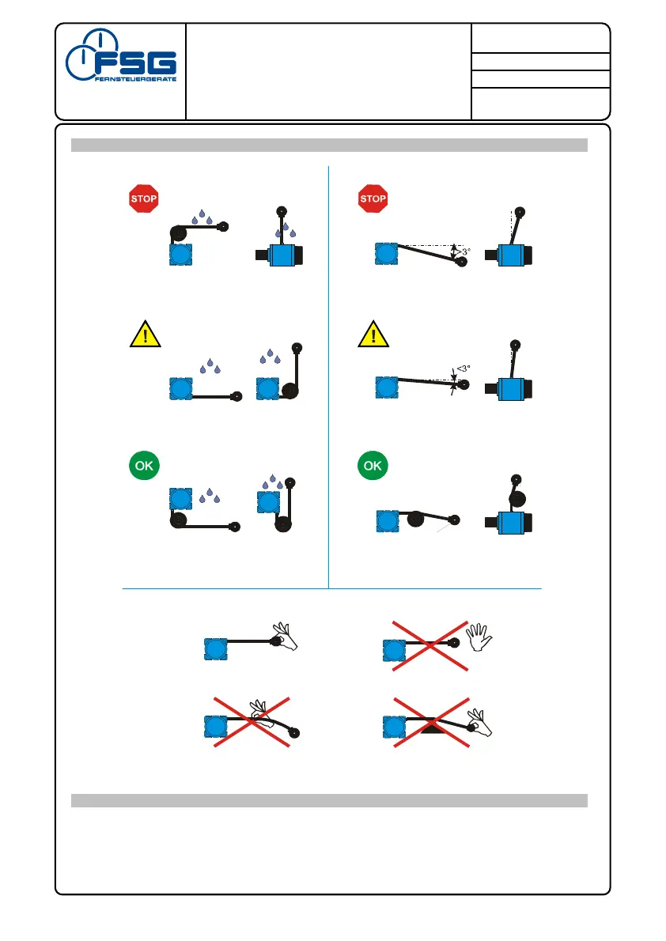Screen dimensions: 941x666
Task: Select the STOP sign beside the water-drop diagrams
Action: pyautogui.click(x=144, y=198)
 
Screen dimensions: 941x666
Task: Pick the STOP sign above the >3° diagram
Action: pyautogui.click(x=373, y=198)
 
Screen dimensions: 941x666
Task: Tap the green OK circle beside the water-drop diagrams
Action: pyautogui.click(x=144, y=466)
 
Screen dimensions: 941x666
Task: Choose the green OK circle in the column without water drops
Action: pyautogui.click(x=373, y=466)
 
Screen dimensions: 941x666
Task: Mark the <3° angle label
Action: pyautogui.click(x=464, y=368)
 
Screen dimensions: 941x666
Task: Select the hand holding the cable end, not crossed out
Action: pyautogui.click(x=283, y=639)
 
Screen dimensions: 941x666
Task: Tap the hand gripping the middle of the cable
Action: pyautogui.click(x=261, y=712)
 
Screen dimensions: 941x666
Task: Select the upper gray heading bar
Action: pyautogui.click(x=329, y=145)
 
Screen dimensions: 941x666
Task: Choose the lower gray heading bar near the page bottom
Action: pyautogui.click(x=329, y=801)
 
